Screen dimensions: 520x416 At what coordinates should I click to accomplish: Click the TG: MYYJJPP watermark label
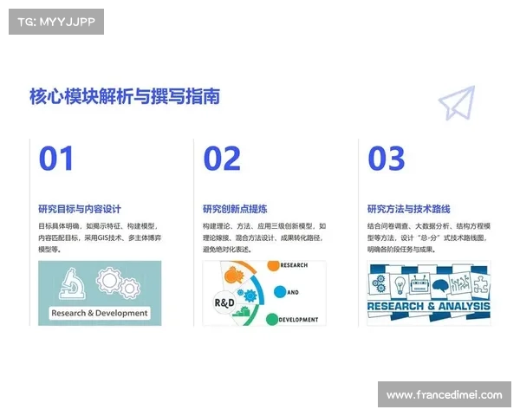[x=56, y=22]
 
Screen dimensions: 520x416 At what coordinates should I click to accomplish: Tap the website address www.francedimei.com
[x=444, y=395]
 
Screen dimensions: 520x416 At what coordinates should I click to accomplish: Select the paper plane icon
[x=457, y=102]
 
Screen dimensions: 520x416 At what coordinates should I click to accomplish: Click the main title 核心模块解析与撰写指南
[x=125, y=96]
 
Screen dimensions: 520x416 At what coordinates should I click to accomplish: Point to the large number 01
[x=56, y=159]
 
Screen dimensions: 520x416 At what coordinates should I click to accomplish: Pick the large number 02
[x=222, y=159]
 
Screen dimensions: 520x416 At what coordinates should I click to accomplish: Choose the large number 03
[x=387, y=159]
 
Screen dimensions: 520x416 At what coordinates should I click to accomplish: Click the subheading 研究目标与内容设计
[x=80, y=209]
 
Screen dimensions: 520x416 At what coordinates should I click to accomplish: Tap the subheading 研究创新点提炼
[x=235, y=209]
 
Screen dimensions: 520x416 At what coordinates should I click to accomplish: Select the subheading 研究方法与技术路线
[x=408, y=209]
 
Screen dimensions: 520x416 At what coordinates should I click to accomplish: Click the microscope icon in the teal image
[x=72, y=283]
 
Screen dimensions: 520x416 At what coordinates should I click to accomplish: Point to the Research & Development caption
[x=100, y=313]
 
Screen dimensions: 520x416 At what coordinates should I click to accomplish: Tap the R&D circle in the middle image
[x=224, y=302]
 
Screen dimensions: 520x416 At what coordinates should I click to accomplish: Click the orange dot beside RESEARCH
[x=273, y=265]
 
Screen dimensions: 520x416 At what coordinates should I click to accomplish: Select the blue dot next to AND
[x=280, y=291]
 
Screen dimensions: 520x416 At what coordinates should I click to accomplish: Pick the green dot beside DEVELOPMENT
[x=272, y=319]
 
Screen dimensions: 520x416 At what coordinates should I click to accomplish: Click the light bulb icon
[x=400, y=285]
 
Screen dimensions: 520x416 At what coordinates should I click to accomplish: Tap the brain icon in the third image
[x=440, y=285]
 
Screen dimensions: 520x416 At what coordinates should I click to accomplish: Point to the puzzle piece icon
[x=480, y=284]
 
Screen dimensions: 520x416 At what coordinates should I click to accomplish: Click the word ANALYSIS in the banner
[x=465, y=306]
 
